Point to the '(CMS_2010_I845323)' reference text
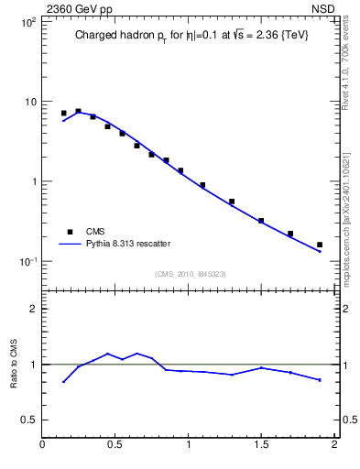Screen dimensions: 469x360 191,274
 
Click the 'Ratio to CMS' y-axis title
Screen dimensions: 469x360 14,364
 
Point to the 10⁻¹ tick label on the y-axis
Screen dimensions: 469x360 27,262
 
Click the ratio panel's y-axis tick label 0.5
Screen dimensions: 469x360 28,420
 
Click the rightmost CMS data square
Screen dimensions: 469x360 320,245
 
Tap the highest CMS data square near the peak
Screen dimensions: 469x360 78,111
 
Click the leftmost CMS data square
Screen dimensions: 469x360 63,114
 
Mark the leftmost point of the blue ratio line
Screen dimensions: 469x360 63,382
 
